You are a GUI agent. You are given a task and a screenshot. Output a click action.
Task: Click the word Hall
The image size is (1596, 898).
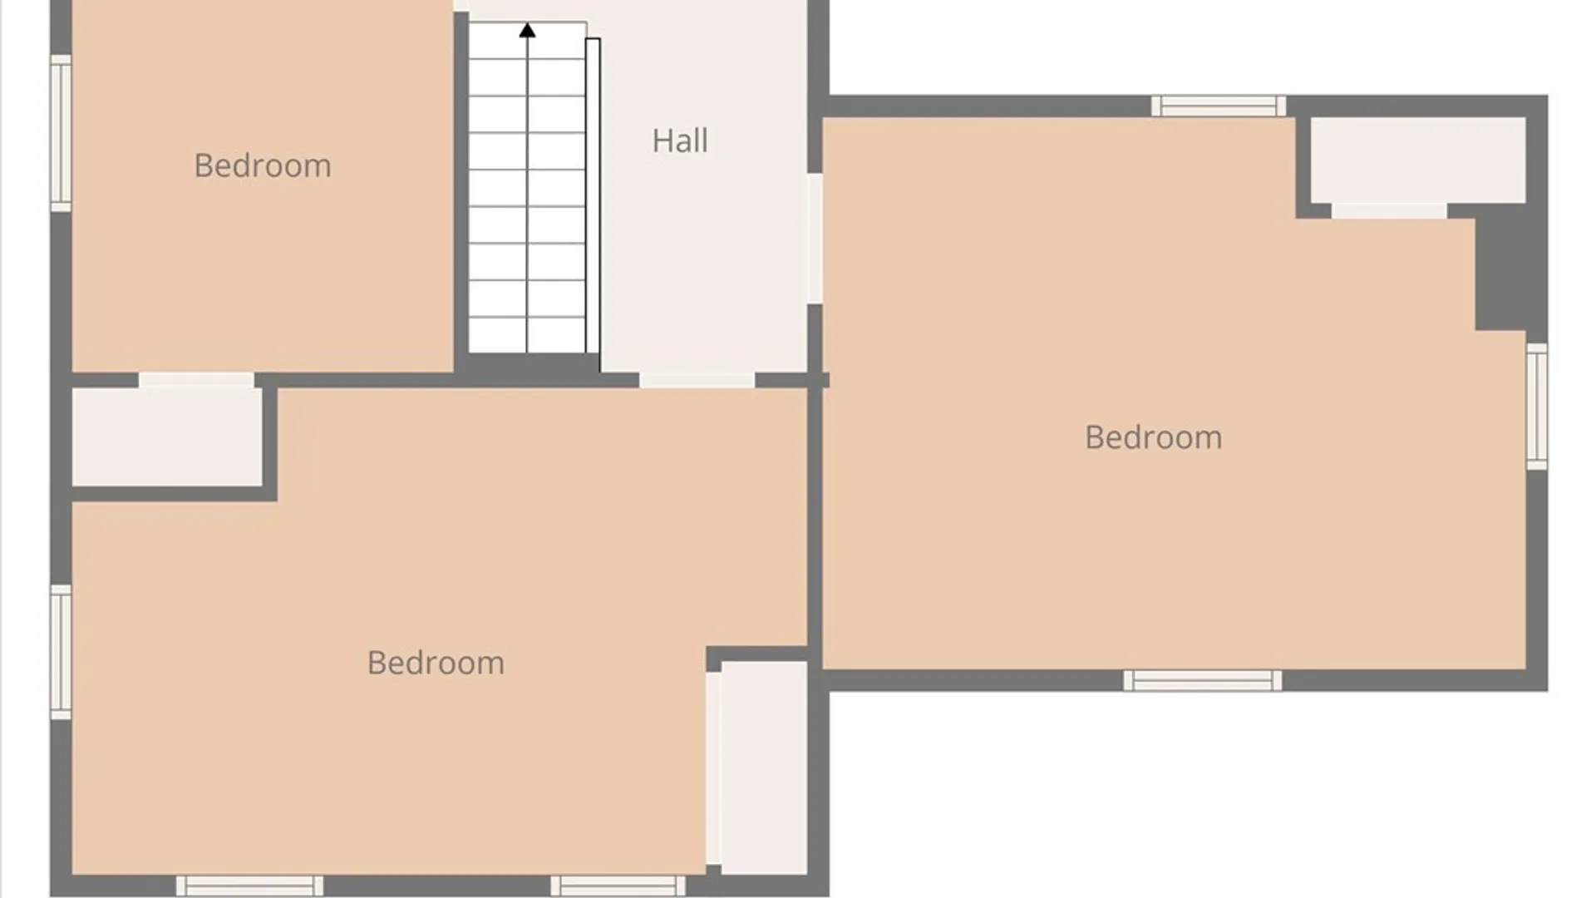(680, 141)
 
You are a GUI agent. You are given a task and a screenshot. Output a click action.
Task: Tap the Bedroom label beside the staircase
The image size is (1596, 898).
(263, 165)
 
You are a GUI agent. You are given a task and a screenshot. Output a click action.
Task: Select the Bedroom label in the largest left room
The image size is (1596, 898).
(436, 663)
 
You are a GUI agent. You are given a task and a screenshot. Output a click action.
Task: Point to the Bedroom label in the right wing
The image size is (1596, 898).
(1153, 437)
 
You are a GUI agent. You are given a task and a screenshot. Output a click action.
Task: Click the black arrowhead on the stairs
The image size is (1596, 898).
(527, 31)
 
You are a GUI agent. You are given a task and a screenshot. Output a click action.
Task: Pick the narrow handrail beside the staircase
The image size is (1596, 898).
(593, 196)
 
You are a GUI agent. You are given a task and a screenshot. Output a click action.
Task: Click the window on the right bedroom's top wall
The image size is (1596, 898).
(1219, 106)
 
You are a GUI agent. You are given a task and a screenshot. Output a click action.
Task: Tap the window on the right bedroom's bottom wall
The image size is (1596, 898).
(1202, 681)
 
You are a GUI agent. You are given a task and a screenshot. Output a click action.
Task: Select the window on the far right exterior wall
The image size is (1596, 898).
(1537, 407)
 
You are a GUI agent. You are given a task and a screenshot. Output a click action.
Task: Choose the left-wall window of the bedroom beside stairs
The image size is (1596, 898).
(61, 133)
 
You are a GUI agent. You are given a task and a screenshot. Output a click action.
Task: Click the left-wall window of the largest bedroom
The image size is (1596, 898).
(61, 653)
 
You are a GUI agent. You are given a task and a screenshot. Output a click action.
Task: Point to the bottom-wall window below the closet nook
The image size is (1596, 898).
(249, 886)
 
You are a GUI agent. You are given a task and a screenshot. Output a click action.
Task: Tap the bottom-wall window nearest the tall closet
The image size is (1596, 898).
(618, 886)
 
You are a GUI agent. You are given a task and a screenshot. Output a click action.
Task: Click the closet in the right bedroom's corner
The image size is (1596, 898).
(1418, 160)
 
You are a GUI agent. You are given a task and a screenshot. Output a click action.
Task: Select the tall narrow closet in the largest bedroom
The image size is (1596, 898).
(764, 768)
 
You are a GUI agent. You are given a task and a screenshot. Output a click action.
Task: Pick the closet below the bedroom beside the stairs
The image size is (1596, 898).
(167, 437)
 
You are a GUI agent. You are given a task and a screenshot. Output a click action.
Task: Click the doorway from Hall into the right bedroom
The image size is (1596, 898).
(815, 239)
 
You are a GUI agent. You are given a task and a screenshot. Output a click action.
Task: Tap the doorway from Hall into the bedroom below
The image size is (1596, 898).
(697, 380)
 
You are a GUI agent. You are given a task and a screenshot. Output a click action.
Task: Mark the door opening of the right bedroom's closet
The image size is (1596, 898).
(1389, 211)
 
